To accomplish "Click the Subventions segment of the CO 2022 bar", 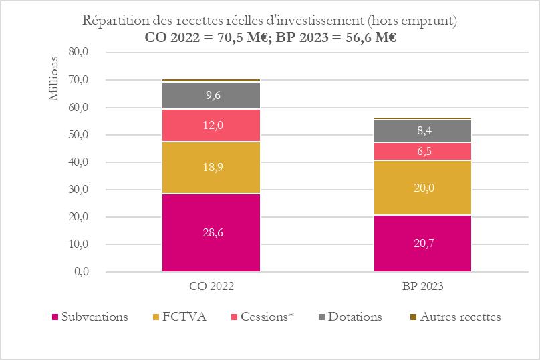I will point(211,232).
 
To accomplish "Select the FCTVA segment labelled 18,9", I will point(211,168).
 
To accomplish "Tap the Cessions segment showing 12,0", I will point(211,126).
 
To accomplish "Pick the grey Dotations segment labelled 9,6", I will point(211,96).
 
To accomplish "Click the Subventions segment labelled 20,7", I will point(422,243).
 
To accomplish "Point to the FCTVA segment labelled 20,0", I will point(422,188).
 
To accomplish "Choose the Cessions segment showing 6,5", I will point(422,152).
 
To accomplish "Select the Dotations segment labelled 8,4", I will point(422,131).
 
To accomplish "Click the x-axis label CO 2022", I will point(211,286).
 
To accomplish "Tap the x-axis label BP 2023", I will point(422,286).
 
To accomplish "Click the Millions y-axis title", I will point(55,79).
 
